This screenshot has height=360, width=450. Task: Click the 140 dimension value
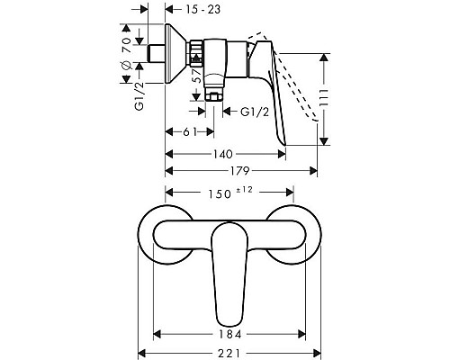tap(228, 154)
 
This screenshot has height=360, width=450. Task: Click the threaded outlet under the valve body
tap(212, 91)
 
